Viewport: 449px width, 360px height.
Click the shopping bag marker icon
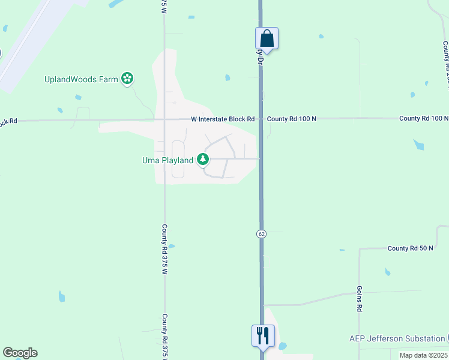click(x=267, y=39)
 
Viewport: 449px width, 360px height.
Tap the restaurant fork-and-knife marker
click(x=262, y=335)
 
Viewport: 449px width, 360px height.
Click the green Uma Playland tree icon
click(x=203, y=159)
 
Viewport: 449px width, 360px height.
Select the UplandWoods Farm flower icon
click(x=127, y=78)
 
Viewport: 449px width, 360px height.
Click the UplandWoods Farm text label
click(x=81, y=79)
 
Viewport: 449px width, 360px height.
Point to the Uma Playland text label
click(x=167, y=160)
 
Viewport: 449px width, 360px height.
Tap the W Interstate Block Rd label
click(x=223, y=119)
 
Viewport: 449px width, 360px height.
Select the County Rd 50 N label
click(x=410, y=248)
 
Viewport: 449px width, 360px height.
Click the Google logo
click(x=20, y=353)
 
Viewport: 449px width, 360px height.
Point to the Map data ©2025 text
click(x=424, y=355)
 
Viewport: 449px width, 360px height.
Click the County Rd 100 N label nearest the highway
click(x=291, y=119)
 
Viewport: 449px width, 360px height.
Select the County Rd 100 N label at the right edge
click(x=424, y=119)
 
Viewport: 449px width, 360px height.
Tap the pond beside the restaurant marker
click(x=282, y=346)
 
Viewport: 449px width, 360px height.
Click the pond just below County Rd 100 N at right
click(x=419, y=145)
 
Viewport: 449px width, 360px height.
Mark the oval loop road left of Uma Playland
click(x=178, y=160)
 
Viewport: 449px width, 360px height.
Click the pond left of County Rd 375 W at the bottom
click(x=61, y=296)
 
